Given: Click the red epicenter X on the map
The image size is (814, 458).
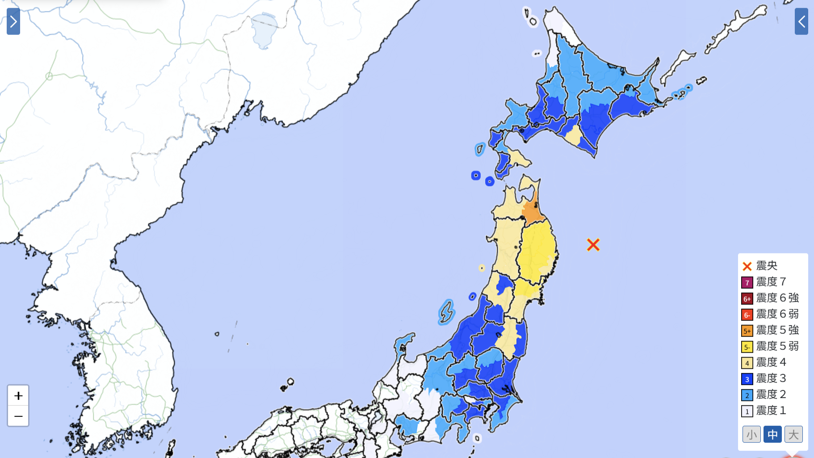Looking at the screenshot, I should click(x=593, y=245).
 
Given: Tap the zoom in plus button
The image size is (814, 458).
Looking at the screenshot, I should click(x=18, y=395).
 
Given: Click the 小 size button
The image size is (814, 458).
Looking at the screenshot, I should click(x=751, y=434).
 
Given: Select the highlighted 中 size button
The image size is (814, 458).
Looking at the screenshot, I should click(x=772, y=434).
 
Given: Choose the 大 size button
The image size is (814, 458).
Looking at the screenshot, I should click(x=793, y=434).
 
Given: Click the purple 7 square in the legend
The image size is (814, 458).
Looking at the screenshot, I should click(x=747, y=282).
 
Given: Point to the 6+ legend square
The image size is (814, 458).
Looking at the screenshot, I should click(x=747, y=298).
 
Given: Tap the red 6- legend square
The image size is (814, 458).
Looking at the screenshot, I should click(x=747, y=315).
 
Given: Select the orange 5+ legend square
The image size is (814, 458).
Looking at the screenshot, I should click(x=747, y=331).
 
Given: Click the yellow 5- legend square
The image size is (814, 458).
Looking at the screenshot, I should click(x=747, y=347).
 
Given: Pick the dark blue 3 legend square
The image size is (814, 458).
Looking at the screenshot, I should click(x=747, y=379).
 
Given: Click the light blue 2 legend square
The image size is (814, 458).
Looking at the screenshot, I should click(x=747, y=395).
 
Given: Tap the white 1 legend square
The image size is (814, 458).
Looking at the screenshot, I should click(x=747, y=411).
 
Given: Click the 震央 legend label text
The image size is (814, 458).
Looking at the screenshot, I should click(x=767, y=266).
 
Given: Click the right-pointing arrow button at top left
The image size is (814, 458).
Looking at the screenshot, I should click(x=13, y=21).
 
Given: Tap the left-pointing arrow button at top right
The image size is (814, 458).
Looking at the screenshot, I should click(x=801, y=21).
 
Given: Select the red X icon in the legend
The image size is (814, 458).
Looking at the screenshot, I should click(x=747, y=266).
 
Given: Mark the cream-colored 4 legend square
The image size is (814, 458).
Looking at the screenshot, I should click(x=747, y=363).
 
